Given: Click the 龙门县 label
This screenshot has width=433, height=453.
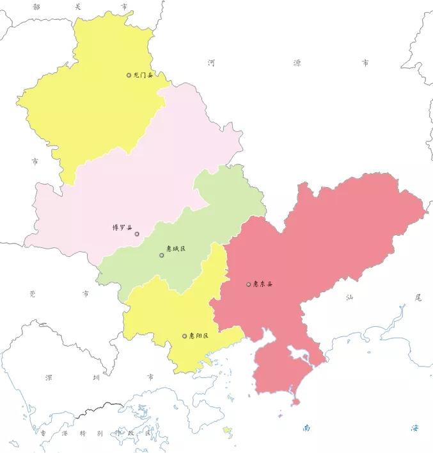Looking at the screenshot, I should [x=143, y=76].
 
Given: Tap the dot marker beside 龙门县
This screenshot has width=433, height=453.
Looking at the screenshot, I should [x=129, y=75].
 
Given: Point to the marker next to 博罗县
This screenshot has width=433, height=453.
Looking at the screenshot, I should [x=137, y=234].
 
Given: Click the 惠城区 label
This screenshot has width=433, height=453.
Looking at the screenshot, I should [x=175, y=249].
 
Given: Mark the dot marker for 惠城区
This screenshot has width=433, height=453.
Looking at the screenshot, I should [x=162, y=255].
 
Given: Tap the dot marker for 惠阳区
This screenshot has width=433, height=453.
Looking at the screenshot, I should [x=185, y=336].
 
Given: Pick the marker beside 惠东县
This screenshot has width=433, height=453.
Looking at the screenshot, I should [x=249, y=284].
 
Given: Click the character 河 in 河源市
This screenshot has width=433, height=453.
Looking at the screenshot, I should [x=212, y=63].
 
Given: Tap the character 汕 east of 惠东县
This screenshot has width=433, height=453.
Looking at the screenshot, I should [x=349, y=297].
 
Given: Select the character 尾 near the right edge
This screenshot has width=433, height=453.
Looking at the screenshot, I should [x=418, y=297].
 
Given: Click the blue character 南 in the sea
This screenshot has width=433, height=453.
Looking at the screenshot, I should [x=307, y=427].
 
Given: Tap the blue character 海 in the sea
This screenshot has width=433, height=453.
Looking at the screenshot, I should [x=414, y=427].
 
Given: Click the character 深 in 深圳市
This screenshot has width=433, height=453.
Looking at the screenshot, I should [x=49, y=378].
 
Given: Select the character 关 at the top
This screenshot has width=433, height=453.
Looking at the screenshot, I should [x=78, y=6].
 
